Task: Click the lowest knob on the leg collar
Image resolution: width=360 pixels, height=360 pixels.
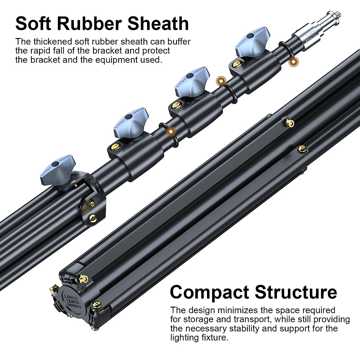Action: (x=58, y=171)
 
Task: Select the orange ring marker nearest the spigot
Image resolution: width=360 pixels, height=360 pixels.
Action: (x=293, y=62)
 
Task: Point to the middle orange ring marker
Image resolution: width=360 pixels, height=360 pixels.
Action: (x=221, y=81)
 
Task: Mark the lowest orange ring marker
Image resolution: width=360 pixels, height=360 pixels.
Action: (x=171, y=131)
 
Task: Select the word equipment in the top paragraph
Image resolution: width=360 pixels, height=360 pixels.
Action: (x=116, y=59)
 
